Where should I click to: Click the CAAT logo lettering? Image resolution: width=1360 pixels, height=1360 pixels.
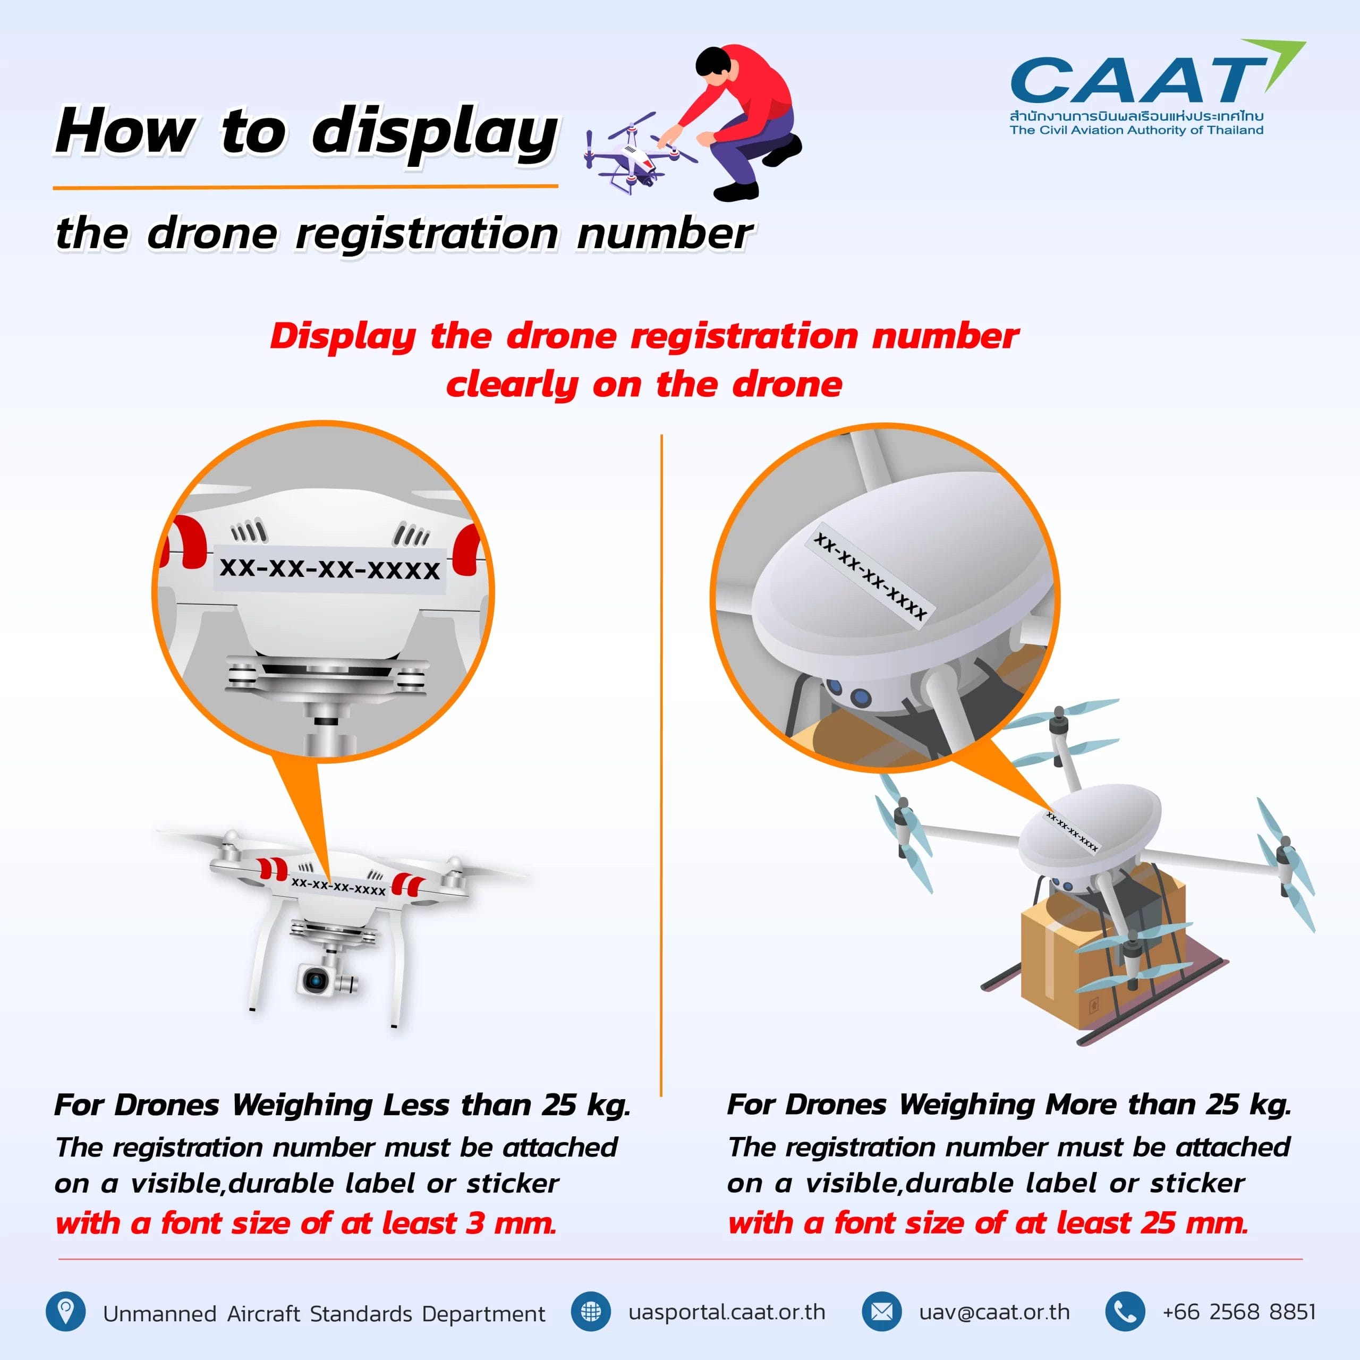tap(1133, 80)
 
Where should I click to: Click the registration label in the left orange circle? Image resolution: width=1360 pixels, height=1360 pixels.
tap(329, 568)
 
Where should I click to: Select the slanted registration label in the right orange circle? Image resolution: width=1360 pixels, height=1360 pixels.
tap(870, 576)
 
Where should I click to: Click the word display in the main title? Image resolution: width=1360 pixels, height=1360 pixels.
tap(435, 132)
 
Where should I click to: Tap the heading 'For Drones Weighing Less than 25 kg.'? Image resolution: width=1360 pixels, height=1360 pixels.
tap(342, 1104)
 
